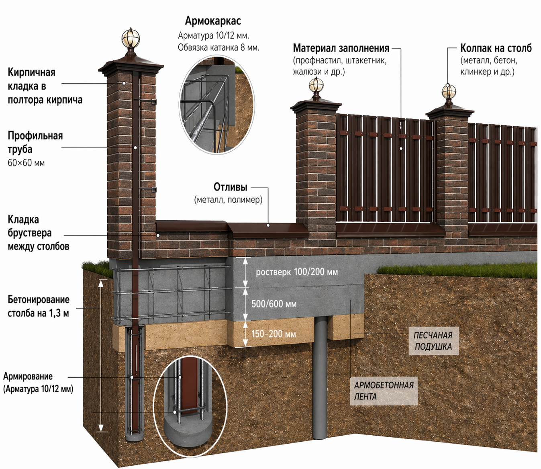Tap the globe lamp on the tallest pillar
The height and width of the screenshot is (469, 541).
tap(131, 39)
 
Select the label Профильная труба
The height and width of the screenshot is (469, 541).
tap(35, 142)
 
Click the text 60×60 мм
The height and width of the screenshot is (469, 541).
tap(26, 163)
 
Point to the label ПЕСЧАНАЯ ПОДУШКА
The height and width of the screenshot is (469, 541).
tap(433, 341)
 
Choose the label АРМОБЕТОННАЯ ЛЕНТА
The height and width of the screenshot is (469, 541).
tap(384, 391)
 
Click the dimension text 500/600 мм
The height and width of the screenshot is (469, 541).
tap(274, 304)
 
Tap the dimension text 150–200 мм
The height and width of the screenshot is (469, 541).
tap(274, 334)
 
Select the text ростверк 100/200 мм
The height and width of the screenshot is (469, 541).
tap(297, 272)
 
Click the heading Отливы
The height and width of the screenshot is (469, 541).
tap(230, 187)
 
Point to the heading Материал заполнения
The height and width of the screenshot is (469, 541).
tap(341, 48)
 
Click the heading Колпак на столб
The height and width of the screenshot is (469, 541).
tap(496, 48)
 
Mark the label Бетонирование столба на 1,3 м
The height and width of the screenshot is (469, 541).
tap(39, 306)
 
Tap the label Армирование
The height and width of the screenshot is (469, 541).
tap(28, 377)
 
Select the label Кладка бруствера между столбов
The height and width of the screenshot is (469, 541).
tap(38, 233)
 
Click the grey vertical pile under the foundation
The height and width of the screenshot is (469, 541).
tap(320, 378)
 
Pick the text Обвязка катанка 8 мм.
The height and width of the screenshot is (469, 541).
tap(218, 47)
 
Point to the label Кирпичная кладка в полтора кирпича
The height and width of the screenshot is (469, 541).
tap(45, 86)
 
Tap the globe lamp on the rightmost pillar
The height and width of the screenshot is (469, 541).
tap(449, 92)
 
